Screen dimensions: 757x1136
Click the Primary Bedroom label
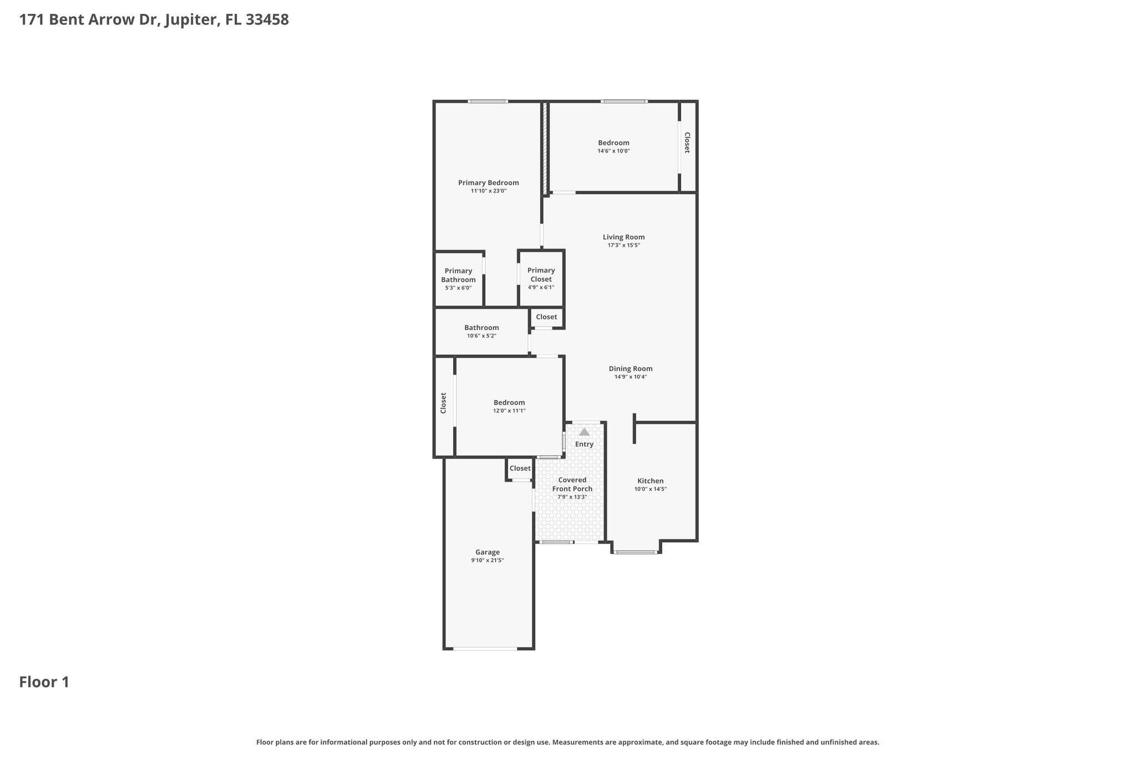click(x=488, y=182)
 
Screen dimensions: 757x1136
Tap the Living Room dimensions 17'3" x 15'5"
click(x=623, y=245)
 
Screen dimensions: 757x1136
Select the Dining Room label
click(x=630, y=368)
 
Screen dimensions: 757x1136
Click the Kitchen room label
click(x=650, y=481)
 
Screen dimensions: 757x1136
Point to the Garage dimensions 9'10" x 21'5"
click(x=487, y=560)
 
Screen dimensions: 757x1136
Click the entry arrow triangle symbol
click(x=584, y=432)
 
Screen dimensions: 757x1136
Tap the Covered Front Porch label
click(x=572, y=484)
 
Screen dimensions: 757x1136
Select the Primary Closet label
click(x=541, y=275)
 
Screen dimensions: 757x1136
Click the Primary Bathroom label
click(x=458, y=275)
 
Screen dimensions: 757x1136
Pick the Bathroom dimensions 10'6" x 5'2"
click(x=481, y=336)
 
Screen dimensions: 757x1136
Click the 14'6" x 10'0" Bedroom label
click(x=613, y=143)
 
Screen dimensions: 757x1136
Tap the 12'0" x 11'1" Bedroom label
click(x=509, y=403)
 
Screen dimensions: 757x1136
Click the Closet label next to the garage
click(x=520, y=468)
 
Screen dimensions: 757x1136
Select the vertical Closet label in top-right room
click(x=687, y=143)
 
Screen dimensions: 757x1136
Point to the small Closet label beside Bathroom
click(x=546, y=317)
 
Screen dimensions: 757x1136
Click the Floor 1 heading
click(x=44, y=682)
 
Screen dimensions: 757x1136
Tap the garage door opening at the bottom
click(x=485, y=648)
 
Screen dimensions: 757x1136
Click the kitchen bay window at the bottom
click(x=636, y=552)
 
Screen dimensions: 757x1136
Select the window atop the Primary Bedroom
click(x=488, y=101)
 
